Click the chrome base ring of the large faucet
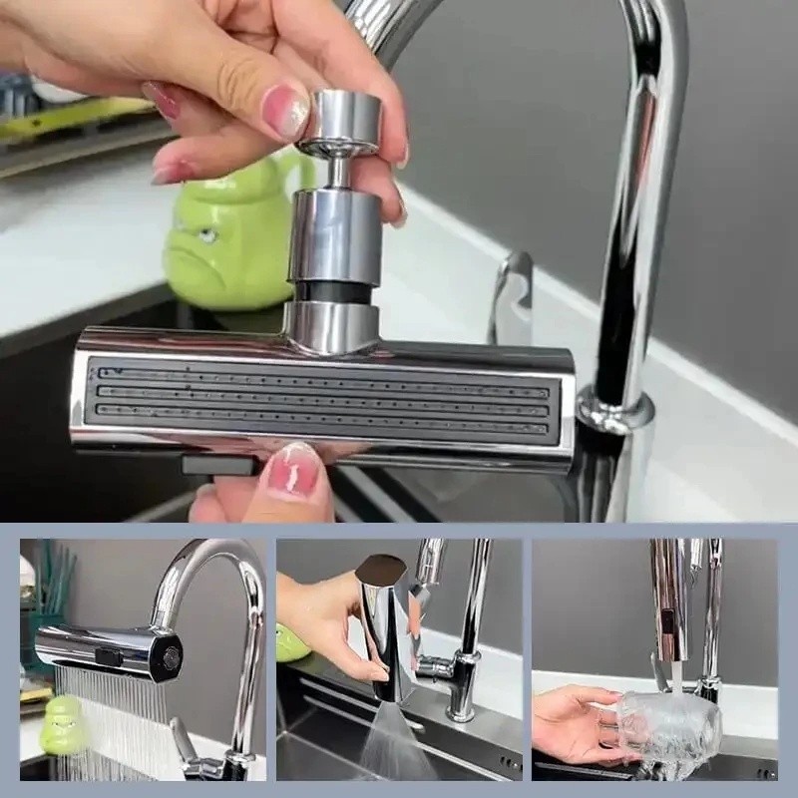614,410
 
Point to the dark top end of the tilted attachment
382,570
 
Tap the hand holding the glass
574,723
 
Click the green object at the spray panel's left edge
292,643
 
